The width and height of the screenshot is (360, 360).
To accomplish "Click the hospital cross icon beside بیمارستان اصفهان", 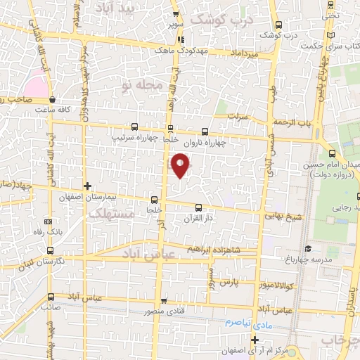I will pos(86,186).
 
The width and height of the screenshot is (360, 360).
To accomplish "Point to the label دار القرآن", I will pos(200,219).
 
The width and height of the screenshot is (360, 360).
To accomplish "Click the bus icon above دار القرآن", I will pos(198,207).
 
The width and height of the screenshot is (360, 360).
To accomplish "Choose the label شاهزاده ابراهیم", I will pos(214,250).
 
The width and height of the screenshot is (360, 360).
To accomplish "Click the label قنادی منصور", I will pos(165,311).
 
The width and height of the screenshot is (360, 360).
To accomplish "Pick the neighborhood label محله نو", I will pos(141,86).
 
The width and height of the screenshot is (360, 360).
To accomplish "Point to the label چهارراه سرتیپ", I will pos(134,138).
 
